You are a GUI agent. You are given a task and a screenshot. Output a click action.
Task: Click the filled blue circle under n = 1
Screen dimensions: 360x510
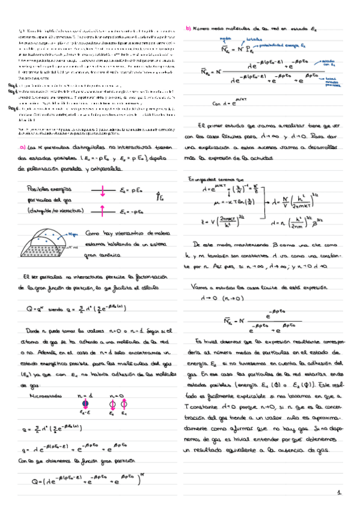pos(85,386)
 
